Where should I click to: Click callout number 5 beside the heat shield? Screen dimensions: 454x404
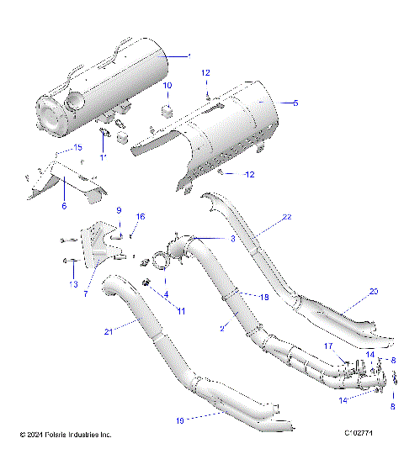(295, 103)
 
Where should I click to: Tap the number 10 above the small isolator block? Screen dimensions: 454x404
(167, 86)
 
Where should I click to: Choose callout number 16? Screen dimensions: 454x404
(141, 217)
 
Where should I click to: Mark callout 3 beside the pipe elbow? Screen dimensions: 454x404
(232, 240)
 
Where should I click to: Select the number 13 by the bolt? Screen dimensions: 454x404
(73, 284)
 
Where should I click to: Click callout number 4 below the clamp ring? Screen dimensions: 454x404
(166, 293)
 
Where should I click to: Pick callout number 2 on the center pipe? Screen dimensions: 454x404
(223, 325)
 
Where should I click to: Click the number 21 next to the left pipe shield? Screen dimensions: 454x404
(108, 332)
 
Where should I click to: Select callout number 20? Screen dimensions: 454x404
(375, 292)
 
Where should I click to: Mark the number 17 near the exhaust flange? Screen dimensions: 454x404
(351, 346)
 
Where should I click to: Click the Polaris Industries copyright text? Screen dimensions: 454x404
(66, 435)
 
